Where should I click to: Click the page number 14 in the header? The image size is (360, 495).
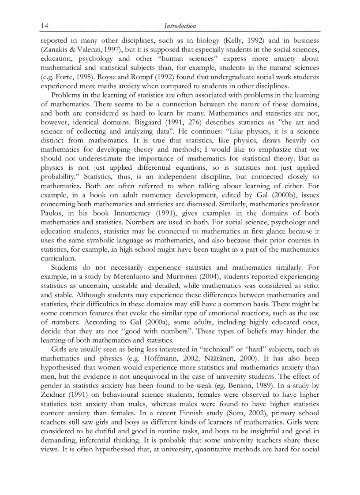pos(44,26)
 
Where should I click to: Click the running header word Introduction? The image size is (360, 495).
pos(180,26)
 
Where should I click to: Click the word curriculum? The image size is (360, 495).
pos(58,258)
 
